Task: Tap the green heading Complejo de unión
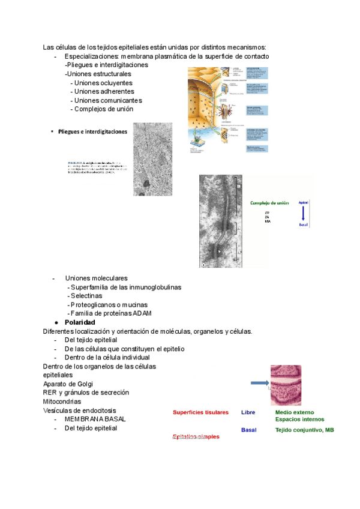pos(269,203)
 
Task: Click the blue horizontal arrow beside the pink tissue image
pos(257,383)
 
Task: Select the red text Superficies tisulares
pos(200,413)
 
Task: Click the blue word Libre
pos(248,413)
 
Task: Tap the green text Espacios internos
pos(300,420)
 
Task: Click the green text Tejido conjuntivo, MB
pos(305,430)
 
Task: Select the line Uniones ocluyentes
pos(103,83)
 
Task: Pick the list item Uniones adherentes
pos(104,91)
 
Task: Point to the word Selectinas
pos(86,296)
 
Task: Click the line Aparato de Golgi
pos(68,384)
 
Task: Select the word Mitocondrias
pos(63,401)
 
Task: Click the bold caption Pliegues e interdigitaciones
pos(93,131)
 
